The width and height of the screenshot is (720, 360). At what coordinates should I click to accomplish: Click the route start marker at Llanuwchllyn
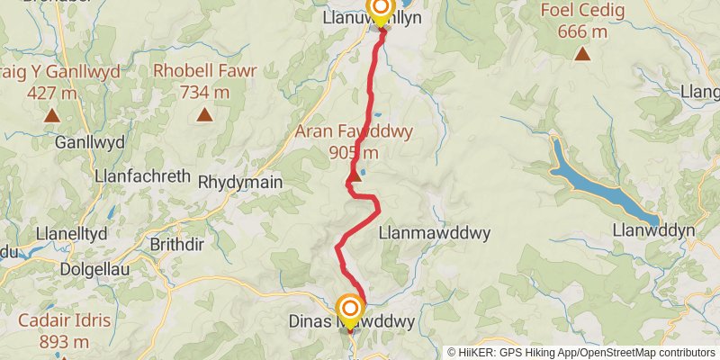381,12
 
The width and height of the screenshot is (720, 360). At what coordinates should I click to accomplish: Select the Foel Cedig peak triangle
583,55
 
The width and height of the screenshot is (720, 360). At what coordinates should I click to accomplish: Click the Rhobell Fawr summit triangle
205,114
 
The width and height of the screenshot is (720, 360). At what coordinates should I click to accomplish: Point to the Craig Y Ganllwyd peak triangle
51,114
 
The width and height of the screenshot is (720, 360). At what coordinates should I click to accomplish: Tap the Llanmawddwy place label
435,233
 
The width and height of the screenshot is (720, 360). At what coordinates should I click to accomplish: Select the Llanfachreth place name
142,176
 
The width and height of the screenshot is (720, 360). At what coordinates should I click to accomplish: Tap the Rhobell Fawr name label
205,70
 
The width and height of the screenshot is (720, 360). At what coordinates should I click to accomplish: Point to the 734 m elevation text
205,91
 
